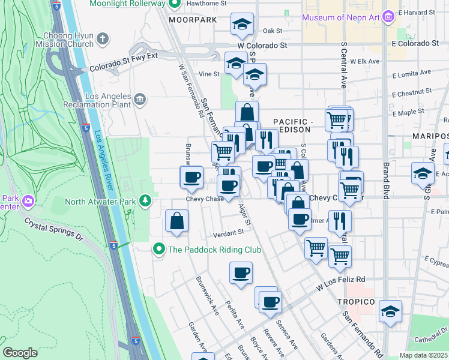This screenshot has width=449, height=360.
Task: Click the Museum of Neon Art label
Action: pyautogui.click(x=341, y=17)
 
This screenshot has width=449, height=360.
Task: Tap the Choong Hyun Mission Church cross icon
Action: pyautogui.click(x=103, y=39)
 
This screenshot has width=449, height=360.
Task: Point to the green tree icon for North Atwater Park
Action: pyautogui.click(x=145, y=200)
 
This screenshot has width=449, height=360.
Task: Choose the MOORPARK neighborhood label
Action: pyautogui.click(x=192, y=20)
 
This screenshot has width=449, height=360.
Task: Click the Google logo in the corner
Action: pyautogui.click(x=20, y=352)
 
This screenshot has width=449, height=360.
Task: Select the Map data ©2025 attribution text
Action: pyautogui.click(x=423, y=355)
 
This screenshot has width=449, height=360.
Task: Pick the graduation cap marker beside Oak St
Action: pyautogui.click(x=242, y=24)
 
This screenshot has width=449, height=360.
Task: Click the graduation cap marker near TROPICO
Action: pyautogui.click(x=391, y=311)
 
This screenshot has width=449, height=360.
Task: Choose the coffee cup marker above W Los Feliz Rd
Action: pyautogui.click(x=241, y=273)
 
